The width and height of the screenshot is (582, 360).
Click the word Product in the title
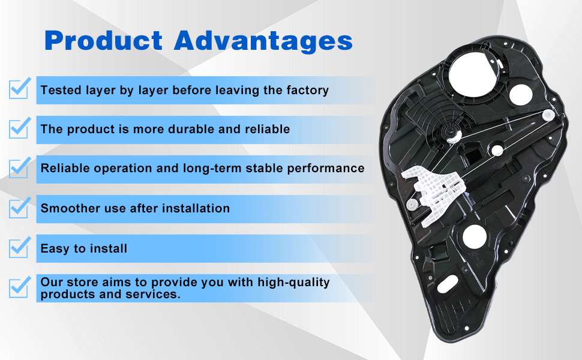coord(103,40)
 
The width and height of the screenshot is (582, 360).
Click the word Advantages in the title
coord(263,41)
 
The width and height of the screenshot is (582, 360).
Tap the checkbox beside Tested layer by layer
coord(19,88)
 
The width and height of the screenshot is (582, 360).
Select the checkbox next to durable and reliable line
coord(19,128)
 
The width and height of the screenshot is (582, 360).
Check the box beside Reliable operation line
coord(19,167)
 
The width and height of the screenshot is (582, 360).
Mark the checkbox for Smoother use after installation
coord(19,208)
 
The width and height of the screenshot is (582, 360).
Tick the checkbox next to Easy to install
coord(19,247)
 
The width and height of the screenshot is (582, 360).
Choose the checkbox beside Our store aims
coord(19,287)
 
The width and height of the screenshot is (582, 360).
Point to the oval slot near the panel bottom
coord(447,284)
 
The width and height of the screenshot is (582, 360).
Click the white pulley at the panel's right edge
coord(548,115)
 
